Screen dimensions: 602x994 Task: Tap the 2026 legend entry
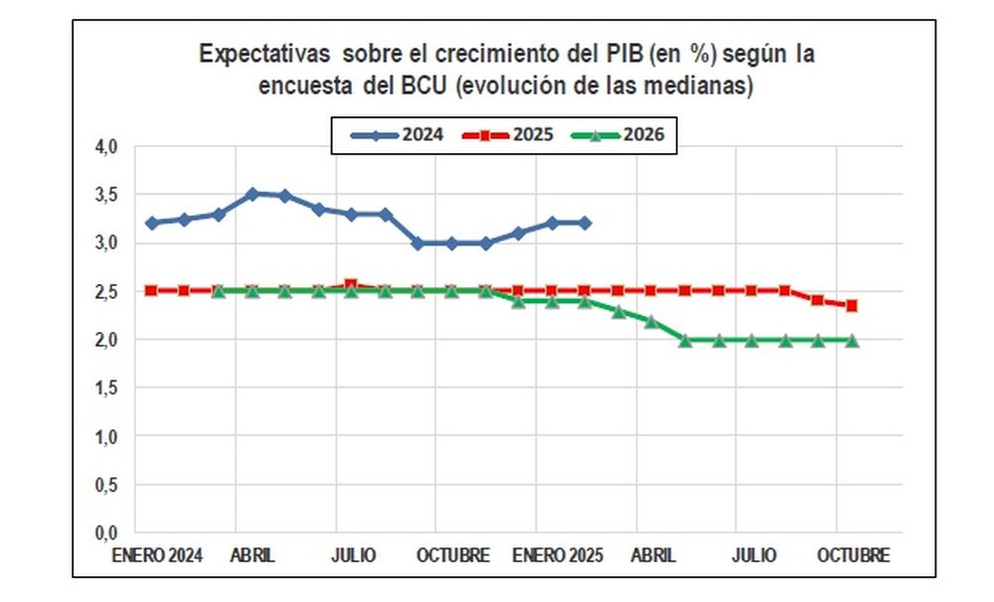(620, 135)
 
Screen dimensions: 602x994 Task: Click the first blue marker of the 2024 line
(151, 224)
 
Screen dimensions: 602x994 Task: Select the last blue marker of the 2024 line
(584, 224)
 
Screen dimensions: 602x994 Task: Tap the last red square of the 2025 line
(852, 305)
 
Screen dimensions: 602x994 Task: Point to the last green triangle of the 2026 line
(852, 341)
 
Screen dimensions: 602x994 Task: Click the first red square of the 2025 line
(151, 290)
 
